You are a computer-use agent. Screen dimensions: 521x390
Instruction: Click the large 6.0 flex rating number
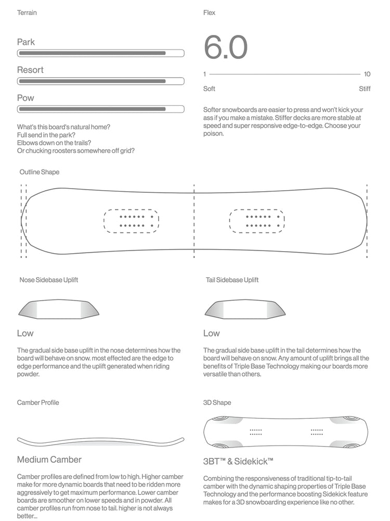point(225,47)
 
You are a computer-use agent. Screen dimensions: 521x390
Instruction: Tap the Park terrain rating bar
point(100,53)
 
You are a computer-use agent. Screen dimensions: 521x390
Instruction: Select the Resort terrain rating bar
point(100,81)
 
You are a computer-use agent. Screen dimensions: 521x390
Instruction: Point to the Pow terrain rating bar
point(100,109)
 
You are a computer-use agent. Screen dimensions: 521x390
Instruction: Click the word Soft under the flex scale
point(209,89)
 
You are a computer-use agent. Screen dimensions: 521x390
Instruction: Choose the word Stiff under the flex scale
point(365,89)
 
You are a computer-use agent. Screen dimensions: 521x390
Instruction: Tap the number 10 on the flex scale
point(367,74)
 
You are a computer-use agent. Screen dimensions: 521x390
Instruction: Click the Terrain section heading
point(27,13)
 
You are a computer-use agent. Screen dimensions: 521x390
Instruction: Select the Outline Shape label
point(40,172)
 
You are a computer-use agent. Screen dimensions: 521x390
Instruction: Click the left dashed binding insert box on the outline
point(131,221)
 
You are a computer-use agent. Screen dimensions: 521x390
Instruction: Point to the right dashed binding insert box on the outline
point(256,221)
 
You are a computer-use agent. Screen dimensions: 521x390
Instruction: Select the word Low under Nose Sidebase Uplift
point(25,333)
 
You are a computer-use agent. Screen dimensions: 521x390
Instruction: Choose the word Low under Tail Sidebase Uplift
point(211,333)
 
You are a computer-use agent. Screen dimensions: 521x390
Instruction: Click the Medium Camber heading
point(49,460)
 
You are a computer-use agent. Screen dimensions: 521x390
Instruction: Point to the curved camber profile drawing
point(100,442)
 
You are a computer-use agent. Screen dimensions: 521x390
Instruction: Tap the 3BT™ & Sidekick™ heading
point(238,462)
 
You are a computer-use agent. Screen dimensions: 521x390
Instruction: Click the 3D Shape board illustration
point(287,432)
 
